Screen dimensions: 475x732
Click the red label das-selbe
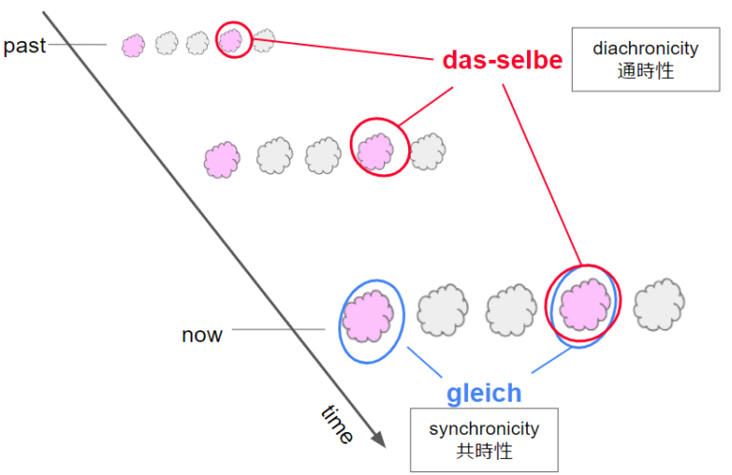click(502, 60)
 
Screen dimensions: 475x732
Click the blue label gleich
click(484, 392)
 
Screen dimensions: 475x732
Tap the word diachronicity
click(645, 49)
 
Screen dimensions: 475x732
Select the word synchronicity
click(484, 428)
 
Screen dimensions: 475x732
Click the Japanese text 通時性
click(645, 70)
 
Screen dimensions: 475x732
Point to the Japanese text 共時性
click(484, 450)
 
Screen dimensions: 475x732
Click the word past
click(25, 46)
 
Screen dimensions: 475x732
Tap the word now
click(202, 335)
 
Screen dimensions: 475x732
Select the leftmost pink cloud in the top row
click(133, 44)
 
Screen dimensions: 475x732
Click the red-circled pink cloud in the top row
click(232, 40)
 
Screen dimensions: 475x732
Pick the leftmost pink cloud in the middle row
click(222, 158)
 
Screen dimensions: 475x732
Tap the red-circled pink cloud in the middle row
click(376, 149)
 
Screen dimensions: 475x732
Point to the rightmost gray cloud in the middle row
click(429, 150)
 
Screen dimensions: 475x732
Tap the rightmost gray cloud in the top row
click(264, 39)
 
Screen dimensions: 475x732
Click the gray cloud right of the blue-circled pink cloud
click(439, 310)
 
